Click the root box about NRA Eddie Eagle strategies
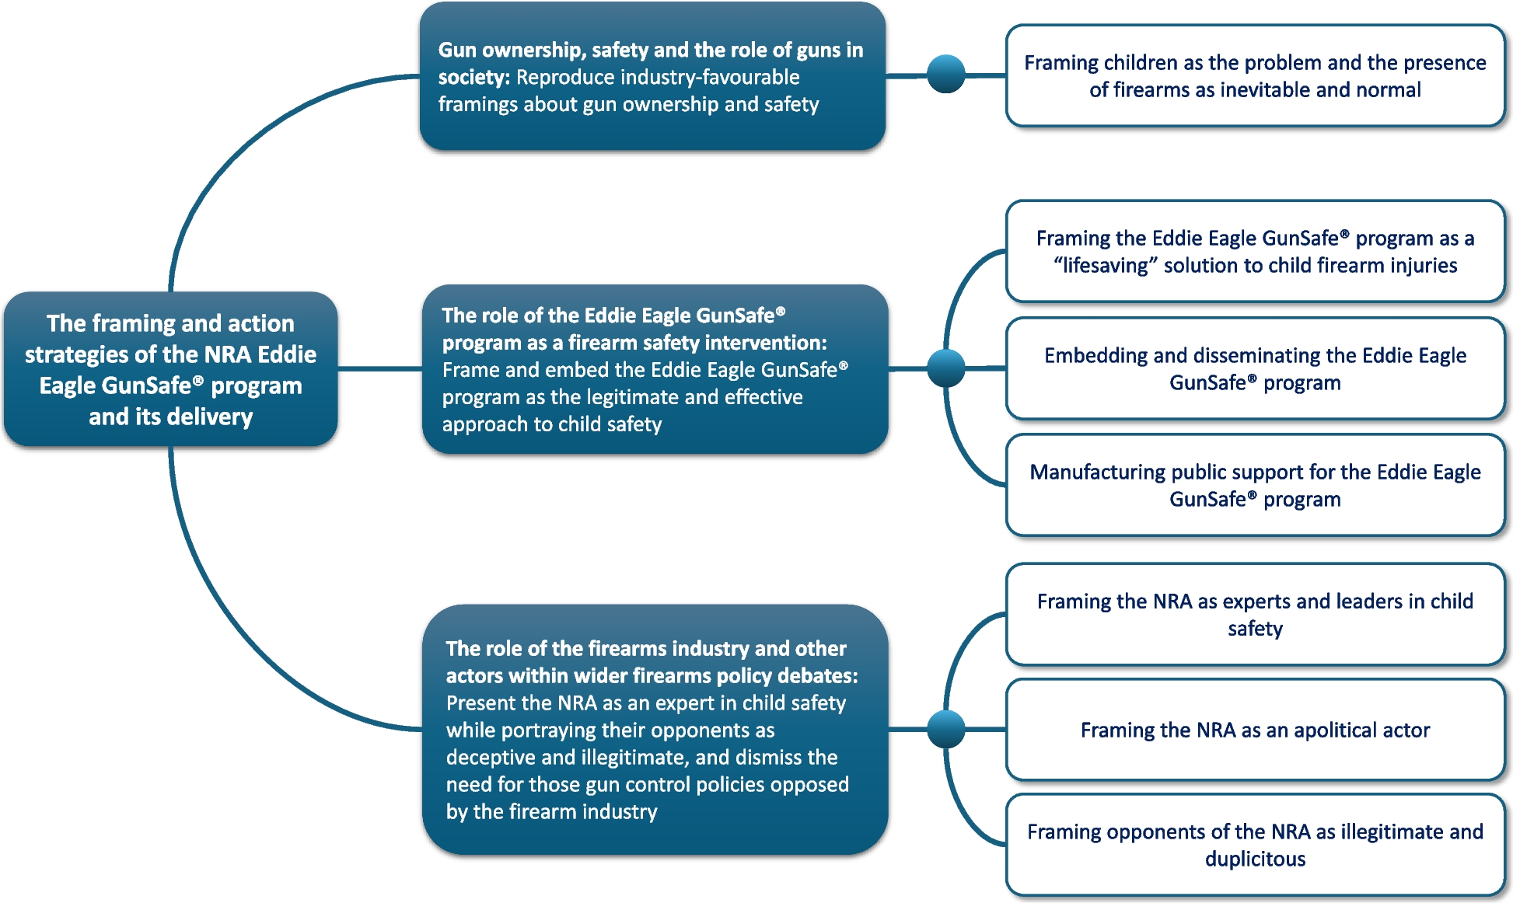coord(170,369)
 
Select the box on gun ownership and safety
coord(652,76)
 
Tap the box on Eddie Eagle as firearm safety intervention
coord(655,369)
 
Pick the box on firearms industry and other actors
coord(655,729)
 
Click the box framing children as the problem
coord(1255,76)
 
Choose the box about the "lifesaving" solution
coord(1255,252)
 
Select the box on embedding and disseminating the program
coord(1255,368)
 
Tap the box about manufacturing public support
coord(1255,485)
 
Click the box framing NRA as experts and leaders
coord(1255,614)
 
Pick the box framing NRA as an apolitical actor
coord(1255,730)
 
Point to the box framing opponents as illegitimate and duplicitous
coord(1255,845)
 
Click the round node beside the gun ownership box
coord(946,75)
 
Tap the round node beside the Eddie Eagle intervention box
coord(946,368)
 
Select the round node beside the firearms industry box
coord(946,729)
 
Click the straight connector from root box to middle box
coord(379,368)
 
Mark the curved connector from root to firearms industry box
coord(233,622)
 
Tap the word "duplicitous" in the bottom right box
coord(1255,859)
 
